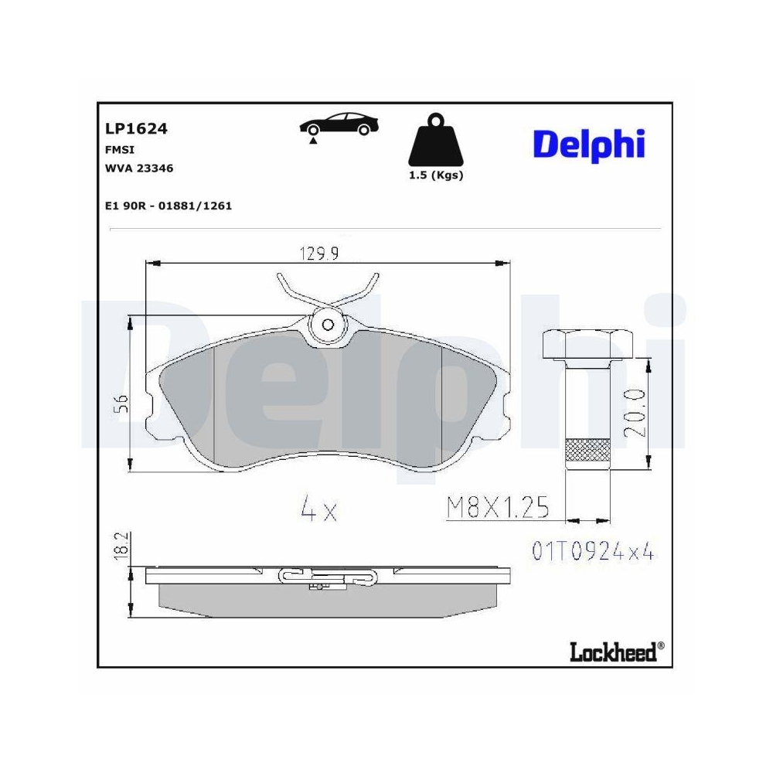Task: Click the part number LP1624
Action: tap(135, 129)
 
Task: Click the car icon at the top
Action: tap(338, 125)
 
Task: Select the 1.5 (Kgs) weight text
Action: tap(435, 175)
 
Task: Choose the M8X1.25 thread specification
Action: tap(498, 507)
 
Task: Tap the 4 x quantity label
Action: tap(318, 510)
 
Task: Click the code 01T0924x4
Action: tap(593, 551)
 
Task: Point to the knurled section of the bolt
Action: tap(588, 449)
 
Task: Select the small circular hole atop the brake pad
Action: tap(327, 325)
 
